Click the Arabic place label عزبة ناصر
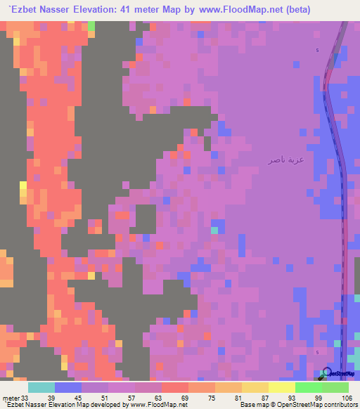coord(285,160)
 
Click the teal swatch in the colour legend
coord(41,387)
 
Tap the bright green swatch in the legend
coord(309,387)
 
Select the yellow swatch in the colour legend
coord(281,387)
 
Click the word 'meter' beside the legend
coord(10,397)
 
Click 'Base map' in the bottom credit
coord(254,405)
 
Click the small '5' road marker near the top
coord(317,51)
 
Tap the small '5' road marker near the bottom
coord(317,351)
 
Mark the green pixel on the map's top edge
coord(91,25)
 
